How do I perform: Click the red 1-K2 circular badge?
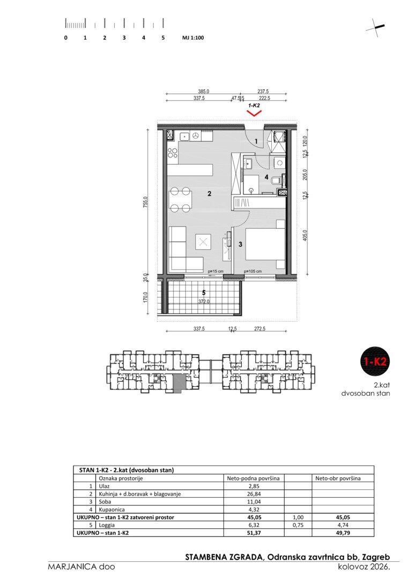[x=375, y=361]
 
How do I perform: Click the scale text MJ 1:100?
[x=193, y=38]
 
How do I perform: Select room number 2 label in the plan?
[x=209, y=193]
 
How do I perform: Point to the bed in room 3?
[x=265, y=244]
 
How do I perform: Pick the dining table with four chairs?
[x=180, y=200]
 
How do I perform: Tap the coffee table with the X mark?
[x=203, y=242]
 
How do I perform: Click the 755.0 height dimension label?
[x=146, y=202]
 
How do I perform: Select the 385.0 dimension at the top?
[x=203, y=91]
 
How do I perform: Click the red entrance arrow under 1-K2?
[x=254, y=113]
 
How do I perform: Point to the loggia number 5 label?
[x=204, y=293]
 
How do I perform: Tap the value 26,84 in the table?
[x=253, y=494]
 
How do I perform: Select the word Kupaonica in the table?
[x=112, y=509]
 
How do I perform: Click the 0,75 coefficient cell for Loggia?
[x=298, y=525]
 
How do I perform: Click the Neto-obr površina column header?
[x=338, y=479]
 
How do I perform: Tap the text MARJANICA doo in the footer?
[x=81, y=567]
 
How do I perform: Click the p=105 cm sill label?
[x=252, y=272]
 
